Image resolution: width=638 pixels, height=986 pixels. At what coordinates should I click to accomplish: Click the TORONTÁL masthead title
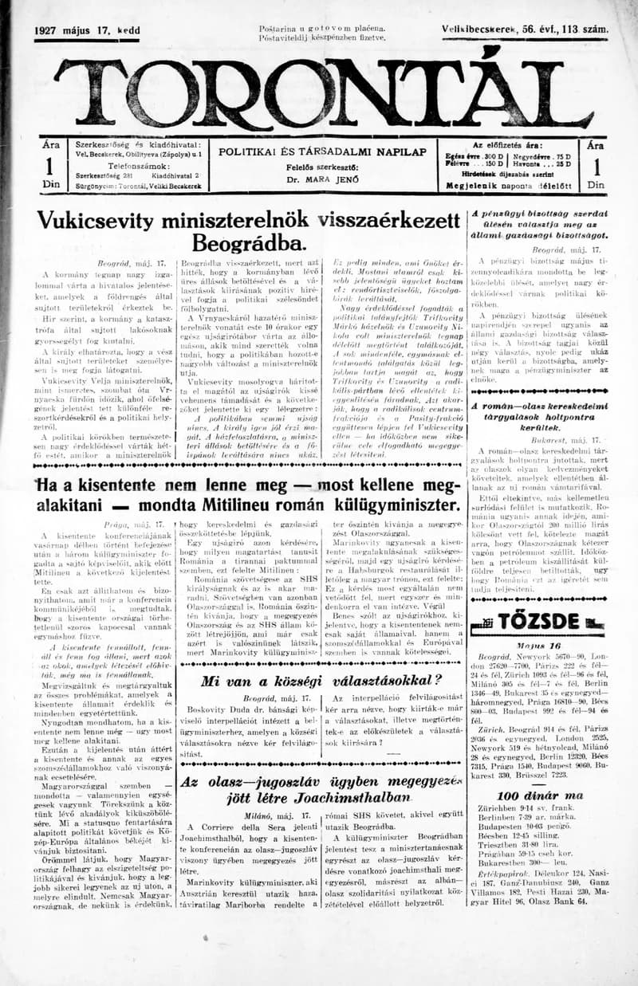tap(319, 92)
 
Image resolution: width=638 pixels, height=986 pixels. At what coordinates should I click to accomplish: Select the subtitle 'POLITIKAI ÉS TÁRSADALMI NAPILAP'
tap(322, 151)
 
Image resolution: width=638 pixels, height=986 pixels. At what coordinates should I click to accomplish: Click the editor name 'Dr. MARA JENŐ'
tap(322, 180)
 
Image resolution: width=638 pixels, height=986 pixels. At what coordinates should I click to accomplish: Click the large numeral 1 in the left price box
tap(49, 166)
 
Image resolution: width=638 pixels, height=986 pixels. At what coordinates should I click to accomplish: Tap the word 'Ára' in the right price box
tap(594, 147)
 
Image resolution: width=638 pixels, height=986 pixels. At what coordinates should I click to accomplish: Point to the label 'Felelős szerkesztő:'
tap(322, 167)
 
